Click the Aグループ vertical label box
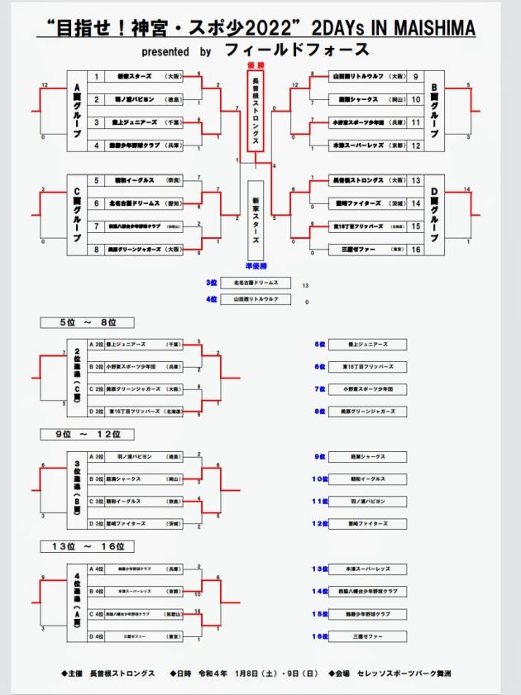(78, 111)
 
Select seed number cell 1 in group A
(97, 77)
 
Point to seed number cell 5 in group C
(97, 180)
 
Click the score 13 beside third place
(306, 285)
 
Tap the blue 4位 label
(212, 299)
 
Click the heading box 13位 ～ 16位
(87, 546)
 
